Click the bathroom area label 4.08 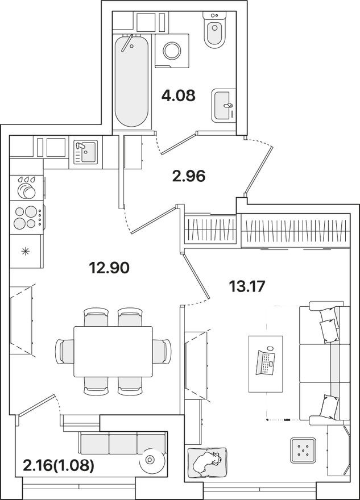click(179, 95)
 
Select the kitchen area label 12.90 click(109, 266)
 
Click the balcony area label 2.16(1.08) click(59, 467)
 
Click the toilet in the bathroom click(215, 34)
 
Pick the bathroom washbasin click(224, 105)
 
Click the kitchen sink click(86, 152)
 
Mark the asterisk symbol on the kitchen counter click(25, 251)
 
